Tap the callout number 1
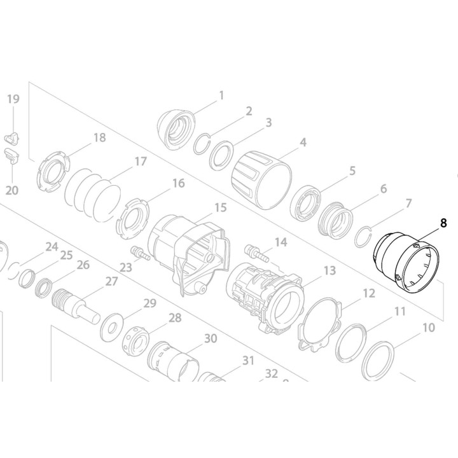point(221,95)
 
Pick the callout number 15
point(220,207)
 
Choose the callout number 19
point(13,99)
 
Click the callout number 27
point(112,281)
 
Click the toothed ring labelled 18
point(52,172)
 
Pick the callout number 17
point(140,162)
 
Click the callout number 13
point(329,271)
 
